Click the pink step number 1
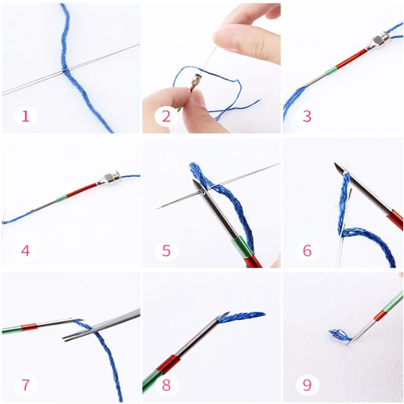point(25,116)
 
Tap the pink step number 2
point(166,116)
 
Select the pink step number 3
point(307,116)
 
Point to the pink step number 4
point(25,250)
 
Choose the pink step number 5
point(166,250)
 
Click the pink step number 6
point(307,250)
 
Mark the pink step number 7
point(25,385)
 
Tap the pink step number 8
point(166,385)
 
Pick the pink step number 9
point(307,385)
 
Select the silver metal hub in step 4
point(108,179)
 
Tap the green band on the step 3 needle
point(331,71)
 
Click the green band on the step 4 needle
point(61,199)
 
